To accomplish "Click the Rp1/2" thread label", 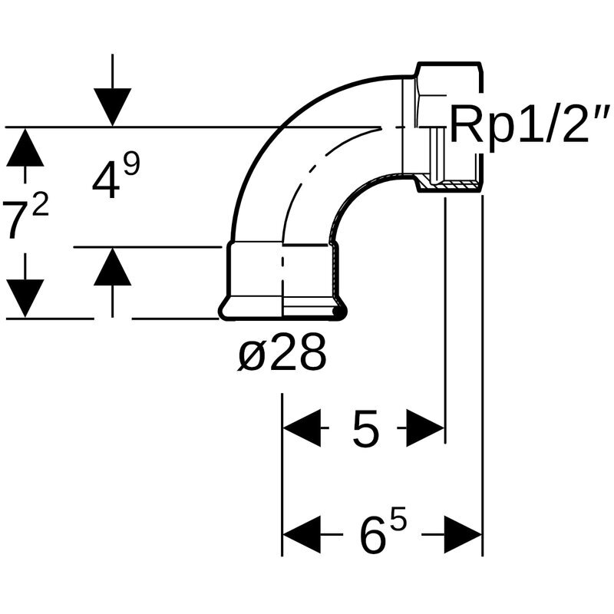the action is [x=530, y=124].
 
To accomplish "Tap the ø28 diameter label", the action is [x=282, y=352].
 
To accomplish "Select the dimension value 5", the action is [x=366, y=429].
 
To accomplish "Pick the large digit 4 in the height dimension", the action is [x=106, y=180].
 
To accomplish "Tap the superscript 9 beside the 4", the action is [x=131, y=163].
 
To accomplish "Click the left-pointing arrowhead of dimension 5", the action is [x=302, y=428].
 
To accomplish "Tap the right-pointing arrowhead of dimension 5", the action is [x=425, y=428].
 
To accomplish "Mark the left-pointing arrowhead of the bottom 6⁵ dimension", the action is [x=302, y=534].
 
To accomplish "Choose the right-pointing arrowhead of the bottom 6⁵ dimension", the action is [x=463, y=534].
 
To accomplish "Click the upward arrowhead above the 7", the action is [x=25, y=147].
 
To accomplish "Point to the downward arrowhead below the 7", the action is [x=25, y=299].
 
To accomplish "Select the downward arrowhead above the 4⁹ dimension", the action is [x=112, y=107].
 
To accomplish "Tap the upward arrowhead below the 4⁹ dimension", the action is [x=112, y=266].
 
